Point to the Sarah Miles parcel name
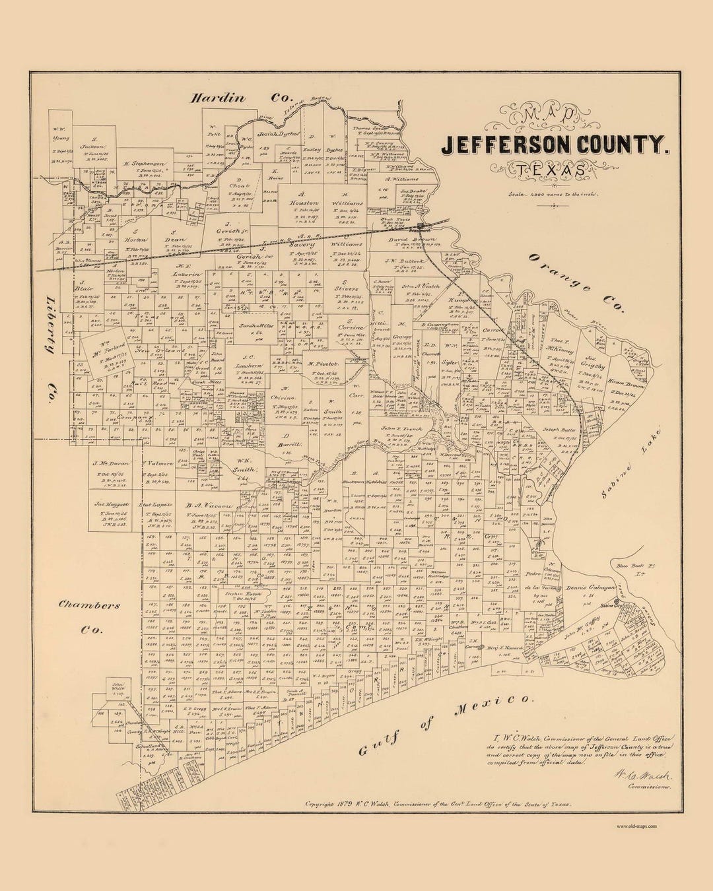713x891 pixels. click(247, 326)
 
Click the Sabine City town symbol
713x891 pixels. click(618, 602)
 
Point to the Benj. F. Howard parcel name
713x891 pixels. click(506, 648)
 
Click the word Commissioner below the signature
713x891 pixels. click(650, 787)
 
